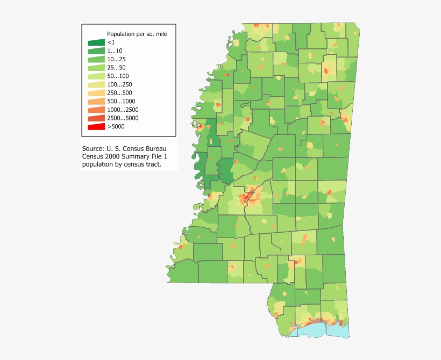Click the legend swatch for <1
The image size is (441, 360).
click(x=97, y=42)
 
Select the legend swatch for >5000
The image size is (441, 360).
click(x=97, y=127)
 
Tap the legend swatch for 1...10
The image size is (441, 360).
click(x=97, y=51)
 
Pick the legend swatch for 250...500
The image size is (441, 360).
click(x=97, y=93)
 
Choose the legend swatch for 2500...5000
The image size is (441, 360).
click(x=97, y=118)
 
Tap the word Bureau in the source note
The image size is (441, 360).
click(x=160, y=148)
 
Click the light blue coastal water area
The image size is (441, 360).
click(x=328, y=328)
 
